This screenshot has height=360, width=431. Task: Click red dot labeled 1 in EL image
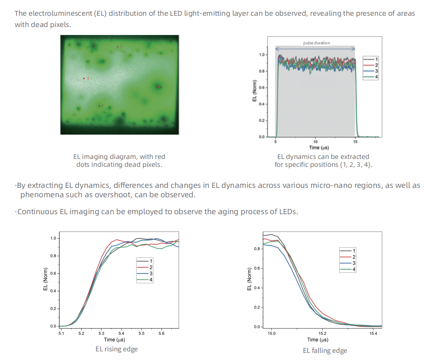pos(84,78)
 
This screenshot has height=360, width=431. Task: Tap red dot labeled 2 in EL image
pos(99,106)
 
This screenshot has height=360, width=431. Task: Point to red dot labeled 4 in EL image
pos(158,87)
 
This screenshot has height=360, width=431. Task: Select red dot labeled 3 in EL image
pos(118,47)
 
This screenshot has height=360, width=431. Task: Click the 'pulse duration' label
pos(316,43)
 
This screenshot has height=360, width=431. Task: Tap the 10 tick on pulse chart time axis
pos(315,142)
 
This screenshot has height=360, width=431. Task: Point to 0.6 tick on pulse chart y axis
pos(262,88)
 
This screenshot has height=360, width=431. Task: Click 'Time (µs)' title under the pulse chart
pos(319,148)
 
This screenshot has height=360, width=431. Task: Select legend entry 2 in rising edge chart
pos(145,267)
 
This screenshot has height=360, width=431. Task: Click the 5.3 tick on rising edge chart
pos(101,333)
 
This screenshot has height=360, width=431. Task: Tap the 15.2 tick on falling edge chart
pos(322,333)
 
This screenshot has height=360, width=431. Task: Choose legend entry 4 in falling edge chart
pos(348,269)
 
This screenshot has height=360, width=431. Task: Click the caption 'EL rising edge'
pos(116,349)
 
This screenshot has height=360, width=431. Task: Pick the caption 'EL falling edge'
pos(325,351)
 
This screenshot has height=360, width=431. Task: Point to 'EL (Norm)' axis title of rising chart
pos(45,279)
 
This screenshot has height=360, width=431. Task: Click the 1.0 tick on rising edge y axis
pos(53,238)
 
